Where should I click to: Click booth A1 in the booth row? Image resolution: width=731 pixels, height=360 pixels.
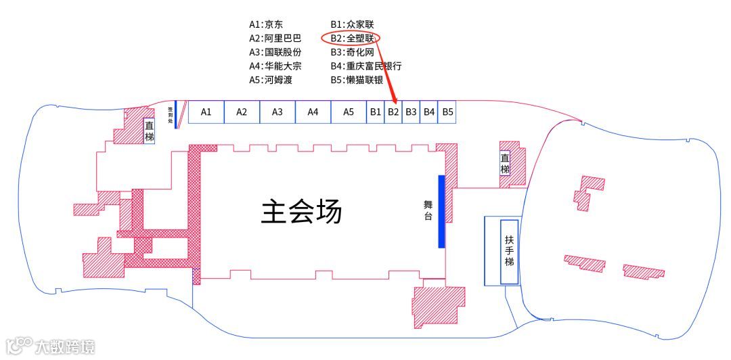[206, 112]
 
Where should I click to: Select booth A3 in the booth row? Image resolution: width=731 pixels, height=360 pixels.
[278, 112]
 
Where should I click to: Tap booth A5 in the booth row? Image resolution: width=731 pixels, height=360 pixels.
[349, 112]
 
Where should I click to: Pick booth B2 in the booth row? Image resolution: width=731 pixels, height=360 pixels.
[393, 112]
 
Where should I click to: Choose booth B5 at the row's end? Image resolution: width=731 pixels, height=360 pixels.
[447, 112]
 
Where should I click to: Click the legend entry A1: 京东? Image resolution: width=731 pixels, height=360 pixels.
[266, 24]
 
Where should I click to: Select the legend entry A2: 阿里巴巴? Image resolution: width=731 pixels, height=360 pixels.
[275, 38]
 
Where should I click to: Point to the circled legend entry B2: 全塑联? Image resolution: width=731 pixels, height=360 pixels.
[351, 38]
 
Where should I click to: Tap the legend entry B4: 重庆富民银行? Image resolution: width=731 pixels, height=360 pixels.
[365, 66]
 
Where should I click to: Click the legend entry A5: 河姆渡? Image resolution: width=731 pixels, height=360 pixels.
[270, 80]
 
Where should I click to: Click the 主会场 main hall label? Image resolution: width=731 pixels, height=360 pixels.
[301, 212]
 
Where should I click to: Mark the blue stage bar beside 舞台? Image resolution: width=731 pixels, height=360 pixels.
[441, 211]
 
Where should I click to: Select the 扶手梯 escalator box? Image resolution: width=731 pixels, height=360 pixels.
[510, 251]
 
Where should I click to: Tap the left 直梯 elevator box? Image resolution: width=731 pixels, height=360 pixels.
[150, 131]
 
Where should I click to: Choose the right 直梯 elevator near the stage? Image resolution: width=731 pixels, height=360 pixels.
[505, 164]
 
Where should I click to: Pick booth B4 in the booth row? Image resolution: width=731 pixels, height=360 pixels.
[429, 112]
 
